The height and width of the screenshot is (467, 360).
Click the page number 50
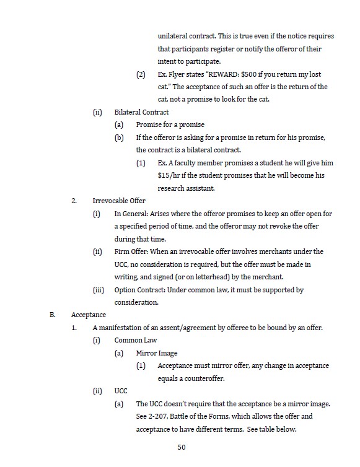click(181, 447)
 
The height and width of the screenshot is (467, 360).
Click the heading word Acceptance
click(88, 315)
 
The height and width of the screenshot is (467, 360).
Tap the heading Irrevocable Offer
click(119, 201)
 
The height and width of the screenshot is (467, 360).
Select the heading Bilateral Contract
click(141, 112)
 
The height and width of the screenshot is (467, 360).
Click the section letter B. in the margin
click(53, 315)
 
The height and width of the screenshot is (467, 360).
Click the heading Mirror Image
click(156, 353)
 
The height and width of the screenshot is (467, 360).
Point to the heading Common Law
click(136, 340)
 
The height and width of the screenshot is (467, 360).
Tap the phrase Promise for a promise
click(170, 124)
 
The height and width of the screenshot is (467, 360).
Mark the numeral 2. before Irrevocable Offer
click(74, 201)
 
